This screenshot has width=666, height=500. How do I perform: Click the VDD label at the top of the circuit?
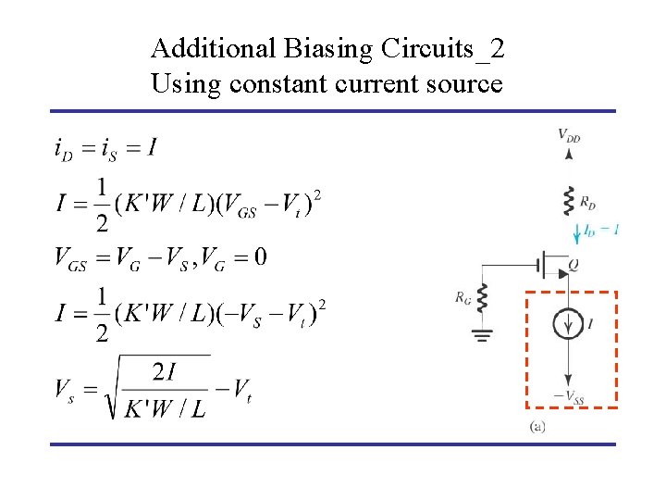click(569, 136)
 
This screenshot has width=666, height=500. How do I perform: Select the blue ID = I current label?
click(600, 229)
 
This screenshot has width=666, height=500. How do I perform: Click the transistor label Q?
click(573, 265)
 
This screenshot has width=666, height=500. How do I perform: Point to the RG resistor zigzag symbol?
click(481, 299)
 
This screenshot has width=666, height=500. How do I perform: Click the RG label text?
click(462, 297)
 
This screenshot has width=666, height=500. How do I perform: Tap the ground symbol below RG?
click(481, 334)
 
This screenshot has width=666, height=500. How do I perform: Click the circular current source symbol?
click(568, 324)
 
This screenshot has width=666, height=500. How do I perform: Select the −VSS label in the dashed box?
click(570, 398)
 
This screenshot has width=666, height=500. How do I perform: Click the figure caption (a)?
click(537, 427)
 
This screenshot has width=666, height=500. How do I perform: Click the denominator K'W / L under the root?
click(166, 407)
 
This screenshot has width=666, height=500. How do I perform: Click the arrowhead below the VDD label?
click(568, 158)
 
